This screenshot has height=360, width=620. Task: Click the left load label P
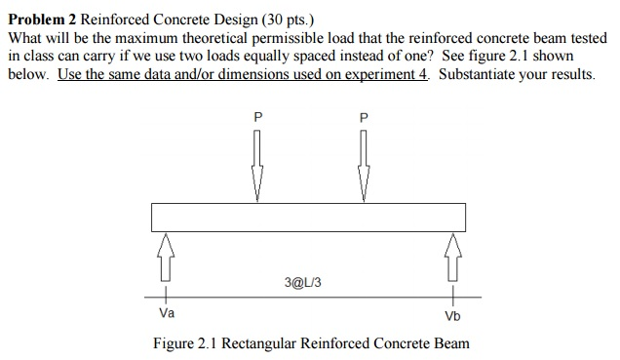coord(257,116)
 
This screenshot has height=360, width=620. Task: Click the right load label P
coord(364,116)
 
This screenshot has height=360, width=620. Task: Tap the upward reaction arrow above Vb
coord(452,255)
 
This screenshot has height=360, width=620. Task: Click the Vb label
coord(452,315)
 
